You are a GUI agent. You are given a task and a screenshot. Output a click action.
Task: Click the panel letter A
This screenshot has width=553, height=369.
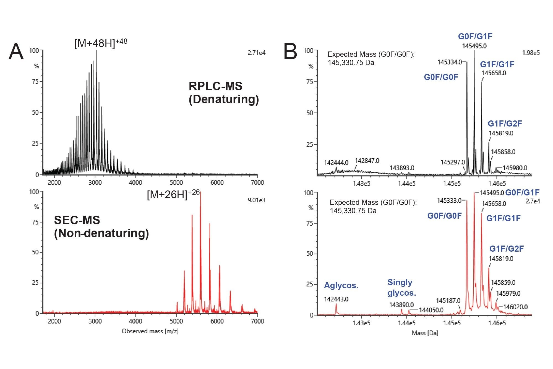click(16, 52)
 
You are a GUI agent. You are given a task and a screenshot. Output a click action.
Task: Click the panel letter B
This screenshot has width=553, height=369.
click(290, 52)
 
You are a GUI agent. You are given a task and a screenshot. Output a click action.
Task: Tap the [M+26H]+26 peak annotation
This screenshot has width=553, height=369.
click(173, 194)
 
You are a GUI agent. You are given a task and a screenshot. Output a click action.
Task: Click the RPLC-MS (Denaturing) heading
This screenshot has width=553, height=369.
click(223, 92)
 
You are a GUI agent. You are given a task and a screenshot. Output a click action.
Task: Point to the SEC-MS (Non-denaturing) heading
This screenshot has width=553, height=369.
click(101, 226)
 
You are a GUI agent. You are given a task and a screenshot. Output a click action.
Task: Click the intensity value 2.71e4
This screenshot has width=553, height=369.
click(256, 53)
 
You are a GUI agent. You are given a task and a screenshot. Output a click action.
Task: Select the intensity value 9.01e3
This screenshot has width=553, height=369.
click(256, 200)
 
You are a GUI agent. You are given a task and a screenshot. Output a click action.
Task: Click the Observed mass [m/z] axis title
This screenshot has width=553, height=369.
click(150, 331)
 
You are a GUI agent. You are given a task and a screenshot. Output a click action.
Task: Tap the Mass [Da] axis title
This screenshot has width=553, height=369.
click(425, 333)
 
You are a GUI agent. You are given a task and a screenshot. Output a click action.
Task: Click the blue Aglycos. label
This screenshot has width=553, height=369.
click(341, 285)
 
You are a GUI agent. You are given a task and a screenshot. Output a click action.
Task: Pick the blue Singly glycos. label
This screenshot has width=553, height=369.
click(401, 287)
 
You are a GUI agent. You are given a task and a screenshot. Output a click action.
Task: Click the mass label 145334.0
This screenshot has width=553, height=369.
click(450, 62)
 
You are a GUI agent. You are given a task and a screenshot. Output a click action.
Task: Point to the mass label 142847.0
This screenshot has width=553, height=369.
click(367, 161)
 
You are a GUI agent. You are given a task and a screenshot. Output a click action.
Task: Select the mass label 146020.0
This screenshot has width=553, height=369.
click(515, 307)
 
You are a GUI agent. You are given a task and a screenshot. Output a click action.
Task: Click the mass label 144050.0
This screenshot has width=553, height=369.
click(431, 310)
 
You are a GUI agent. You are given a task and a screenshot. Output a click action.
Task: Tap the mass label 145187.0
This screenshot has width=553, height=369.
click(448, 301)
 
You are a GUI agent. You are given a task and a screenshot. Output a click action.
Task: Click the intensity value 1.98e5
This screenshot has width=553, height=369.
click(531, 53)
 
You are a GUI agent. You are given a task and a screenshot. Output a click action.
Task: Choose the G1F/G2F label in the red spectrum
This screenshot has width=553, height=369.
click(507, 249)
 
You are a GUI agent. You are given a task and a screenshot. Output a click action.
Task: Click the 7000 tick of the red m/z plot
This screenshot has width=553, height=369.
click(257, 321)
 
